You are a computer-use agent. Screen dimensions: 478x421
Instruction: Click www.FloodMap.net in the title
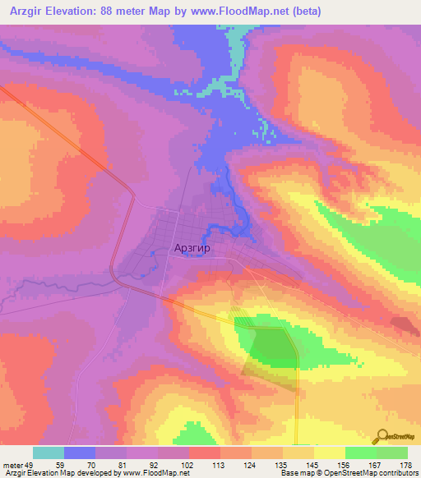242,11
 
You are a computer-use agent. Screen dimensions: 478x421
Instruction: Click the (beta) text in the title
303,11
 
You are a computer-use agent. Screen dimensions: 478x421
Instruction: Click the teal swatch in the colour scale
49,453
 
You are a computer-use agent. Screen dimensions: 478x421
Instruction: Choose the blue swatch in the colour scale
80,453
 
